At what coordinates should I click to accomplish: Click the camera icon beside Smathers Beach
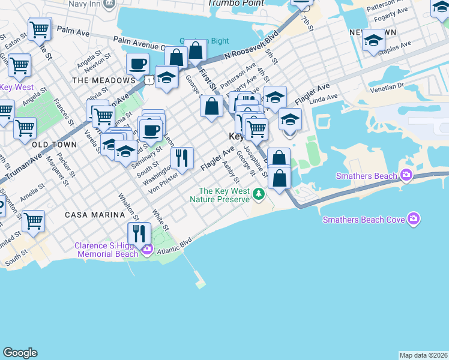coord(406,176)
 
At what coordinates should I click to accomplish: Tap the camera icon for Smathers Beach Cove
coord(413,219)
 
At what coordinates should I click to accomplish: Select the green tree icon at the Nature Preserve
coord(258,194)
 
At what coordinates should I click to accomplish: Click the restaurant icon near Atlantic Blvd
coord(139,233)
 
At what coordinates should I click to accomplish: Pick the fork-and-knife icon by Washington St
coord(182,158)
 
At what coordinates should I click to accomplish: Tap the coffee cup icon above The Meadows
coord(137,64)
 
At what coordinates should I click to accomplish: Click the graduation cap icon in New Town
coord(373,41)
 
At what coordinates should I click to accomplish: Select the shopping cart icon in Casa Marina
coord(33,221)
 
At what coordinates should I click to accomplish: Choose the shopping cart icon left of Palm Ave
coord(40,28)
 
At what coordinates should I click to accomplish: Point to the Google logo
coord(20,353)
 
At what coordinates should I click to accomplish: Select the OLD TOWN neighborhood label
coord(54,145)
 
